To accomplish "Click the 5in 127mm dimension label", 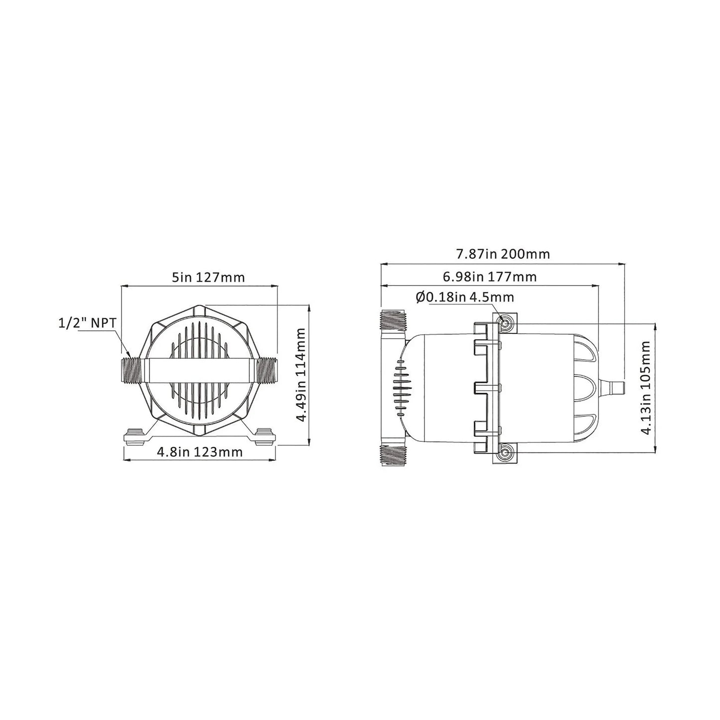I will [208, 277].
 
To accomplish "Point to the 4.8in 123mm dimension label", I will [199, 452].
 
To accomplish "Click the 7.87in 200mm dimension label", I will [503, 254].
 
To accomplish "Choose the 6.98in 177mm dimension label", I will [490, 277].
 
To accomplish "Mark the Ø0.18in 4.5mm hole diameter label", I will [464, 297].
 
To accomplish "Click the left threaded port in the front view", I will [132, 370].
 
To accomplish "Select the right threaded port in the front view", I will [267, 370].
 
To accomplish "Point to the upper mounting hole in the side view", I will [506, 323].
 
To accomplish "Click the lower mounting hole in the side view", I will [506, 453].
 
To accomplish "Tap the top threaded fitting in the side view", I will [394, 320].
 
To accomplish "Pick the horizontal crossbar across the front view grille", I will [199, 370].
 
